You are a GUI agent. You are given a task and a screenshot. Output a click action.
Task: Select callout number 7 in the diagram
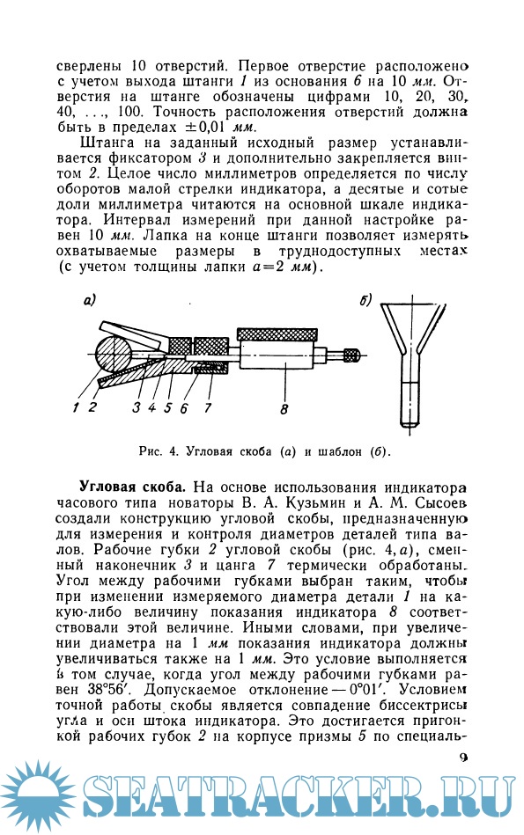coord(207,407)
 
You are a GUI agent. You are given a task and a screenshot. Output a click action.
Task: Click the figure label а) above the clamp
coord(89,302)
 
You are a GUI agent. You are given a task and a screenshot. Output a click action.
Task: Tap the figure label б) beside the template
coord(367,302)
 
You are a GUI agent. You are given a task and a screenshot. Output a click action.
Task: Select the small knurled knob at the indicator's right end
coord(352,355)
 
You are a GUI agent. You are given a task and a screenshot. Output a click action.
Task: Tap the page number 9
coord(463,758)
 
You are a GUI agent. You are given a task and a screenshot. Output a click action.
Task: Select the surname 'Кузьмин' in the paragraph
coord(311,504)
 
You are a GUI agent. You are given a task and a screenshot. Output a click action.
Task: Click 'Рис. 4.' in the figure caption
coord(159,452)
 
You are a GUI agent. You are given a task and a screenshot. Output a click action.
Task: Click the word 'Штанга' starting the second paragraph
coord(104,143)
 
